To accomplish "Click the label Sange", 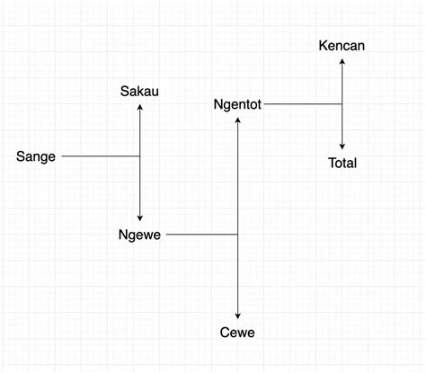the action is click(x=36, y=156).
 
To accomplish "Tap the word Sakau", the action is click(x=139, y=92).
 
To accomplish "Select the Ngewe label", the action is click(x=139, y=235).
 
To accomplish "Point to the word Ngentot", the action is click(x=237, y=104).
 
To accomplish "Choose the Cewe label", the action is click(x=237, y=333).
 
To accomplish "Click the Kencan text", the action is click(x=342, y=46).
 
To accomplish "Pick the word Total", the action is click(x=342, y=163).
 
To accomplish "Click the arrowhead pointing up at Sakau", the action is click(x=139, y=107).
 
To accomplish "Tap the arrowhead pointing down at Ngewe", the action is click(x=139, y=218).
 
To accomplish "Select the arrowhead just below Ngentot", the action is click(x=238, y=120).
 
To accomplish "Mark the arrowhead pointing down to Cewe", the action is click(x=238, y=316).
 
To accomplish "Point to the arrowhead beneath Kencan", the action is click(x=342, y=61).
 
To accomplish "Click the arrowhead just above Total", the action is click(x=342, y=147).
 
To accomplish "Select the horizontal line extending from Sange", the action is click(x=101, y=156).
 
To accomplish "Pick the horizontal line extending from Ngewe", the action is click(x=202, y=235).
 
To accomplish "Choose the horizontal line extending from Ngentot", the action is click(x=303, y=104).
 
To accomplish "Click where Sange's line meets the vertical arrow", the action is click(x=140, y=156).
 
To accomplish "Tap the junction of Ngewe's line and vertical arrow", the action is click(x=238, y=235).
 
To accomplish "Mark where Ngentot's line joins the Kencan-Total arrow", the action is click(x=342, y=104).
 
